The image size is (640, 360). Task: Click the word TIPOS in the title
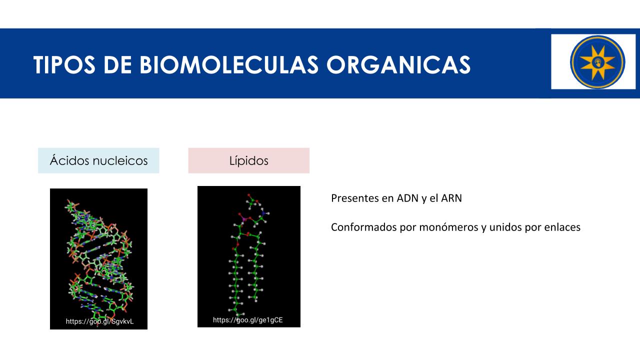point(64,65)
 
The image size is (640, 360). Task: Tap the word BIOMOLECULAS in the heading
point(229,65)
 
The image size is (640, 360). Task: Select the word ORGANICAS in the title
point(398,65)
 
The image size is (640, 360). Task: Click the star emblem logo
point(597,61)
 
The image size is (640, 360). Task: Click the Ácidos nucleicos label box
point(98,160)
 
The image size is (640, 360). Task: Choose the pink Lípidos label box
point(249,160)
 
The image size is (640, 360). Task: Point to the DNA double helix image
point(98,259)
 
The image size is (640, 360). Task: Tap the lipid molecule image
point(249,256)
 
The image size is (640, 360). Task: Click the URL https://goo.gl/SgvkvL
point(99,321)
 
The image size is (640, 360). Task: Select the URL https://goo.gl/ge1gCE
point(247,320)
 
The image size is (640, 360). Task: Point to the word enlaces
point(562,227)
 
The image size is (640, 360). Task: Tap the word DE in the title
point(117,65)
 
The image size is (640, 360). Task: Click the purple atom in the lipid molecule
point(243,219)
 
